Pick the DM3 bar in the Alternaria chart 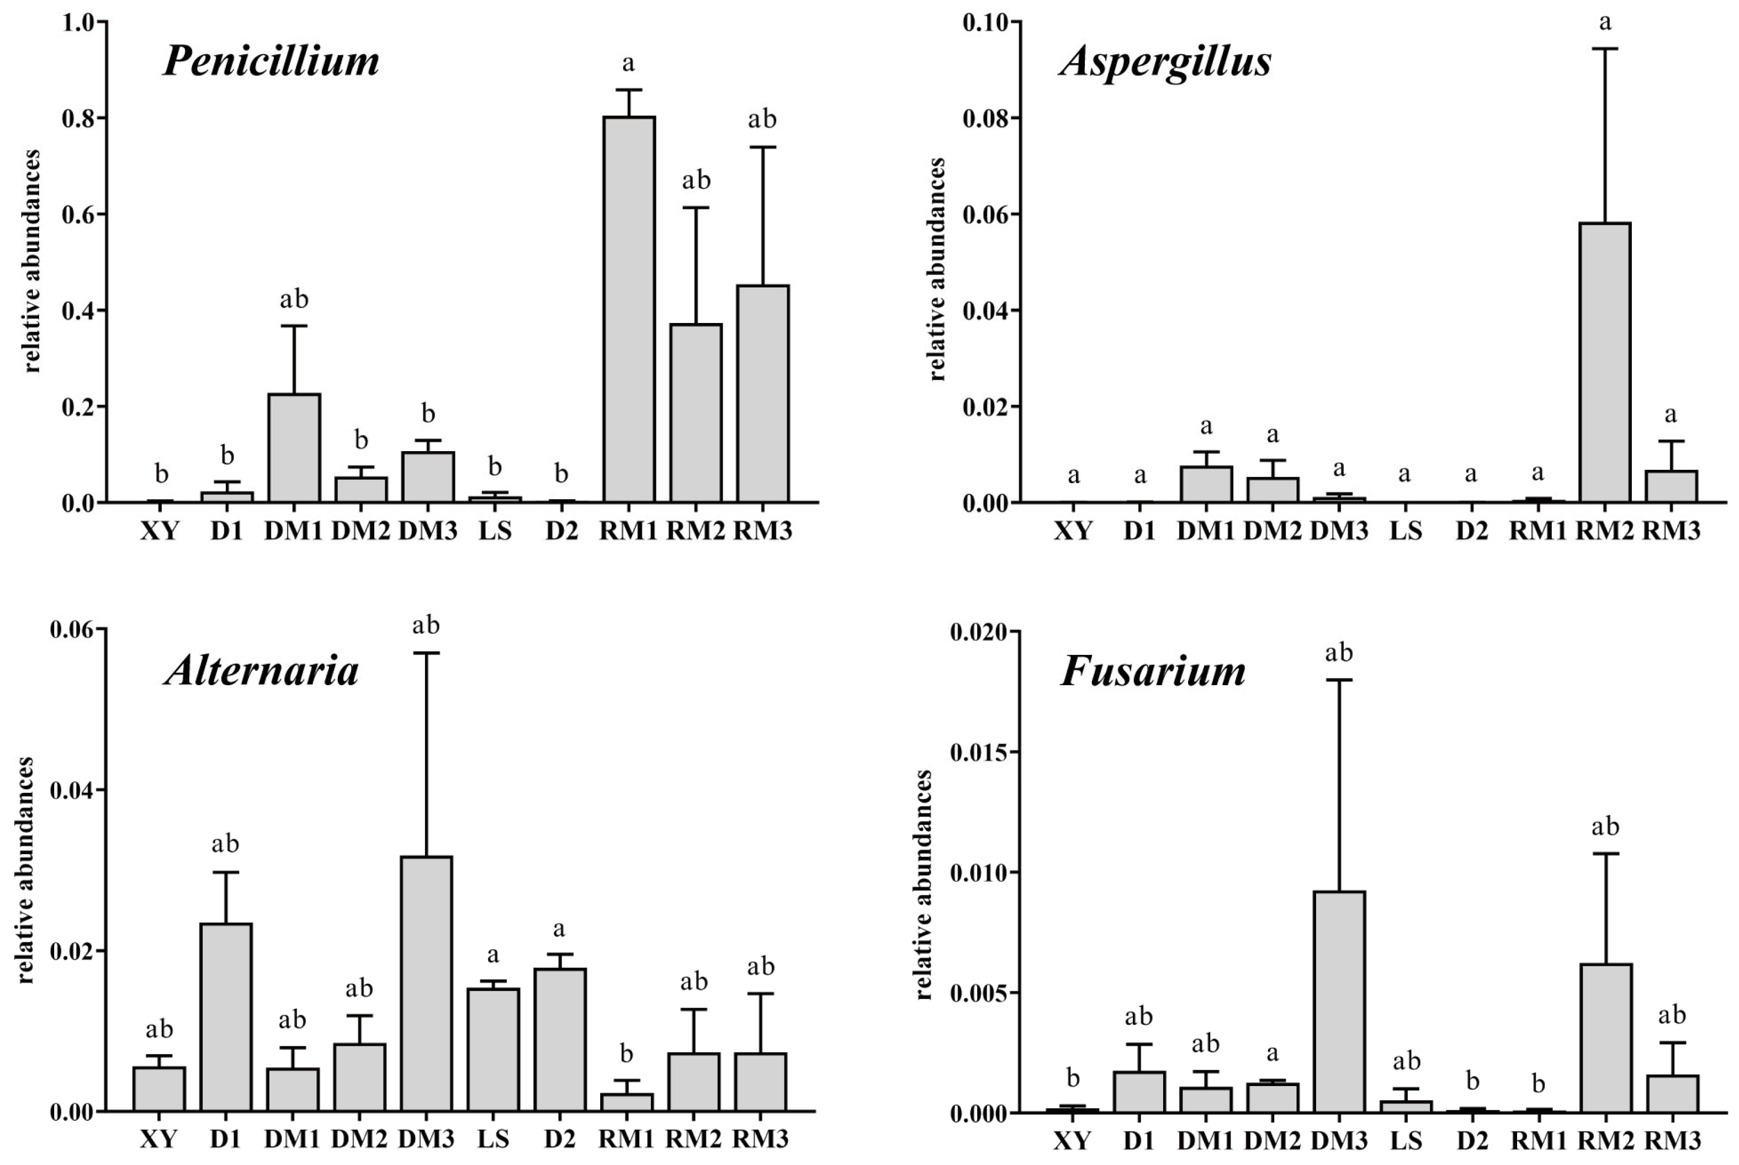[426, 984]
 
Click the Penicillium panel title [271, 61]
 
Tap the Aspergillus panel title [1165, 61]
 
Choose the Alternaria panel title [262, 671]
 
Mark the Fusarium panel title [1153, 671]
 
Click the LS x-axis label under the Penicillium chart [495, 531]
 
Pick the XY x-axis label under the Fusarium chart [1072, 1139]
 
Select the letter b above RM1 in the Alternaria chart [626, 1054]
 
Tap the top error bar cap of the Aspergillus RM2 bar [1604, 48]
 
